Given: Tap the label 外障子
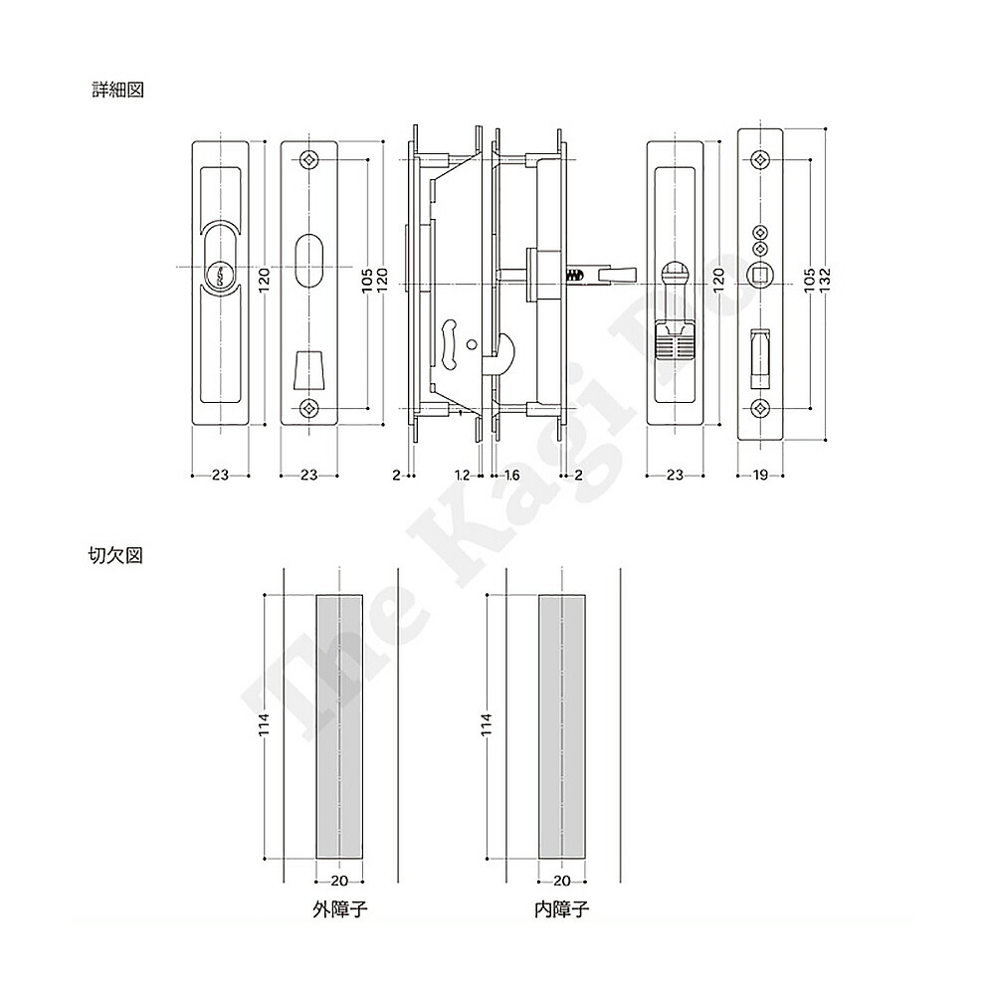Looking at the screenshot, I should pos(339,909).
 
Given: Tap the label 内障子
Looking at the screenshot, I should pos(561,909).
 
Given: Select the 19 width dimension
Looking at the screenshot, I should pos(759,476).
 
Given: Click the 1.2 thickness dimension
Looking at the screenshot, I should pos(462,476).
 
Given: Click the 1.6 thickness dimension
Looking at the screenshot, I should pos(511,476).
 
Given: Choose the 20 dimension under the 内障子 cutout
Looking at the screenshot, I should pos(561,881).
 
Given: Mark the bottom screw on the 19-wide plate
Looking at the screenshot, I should pos(760,407).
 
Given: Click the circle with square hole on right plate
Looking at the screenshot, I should pos(760,275).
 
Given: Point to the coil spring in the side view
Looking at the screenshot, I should pos(576,274).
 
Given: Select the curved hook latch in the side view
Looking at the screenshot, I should pos(499,354).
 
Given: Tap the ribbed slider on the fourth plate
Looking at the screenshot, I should pos(675,345).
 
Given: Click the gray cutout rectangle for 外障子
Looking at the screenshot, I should pos(339,726).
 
